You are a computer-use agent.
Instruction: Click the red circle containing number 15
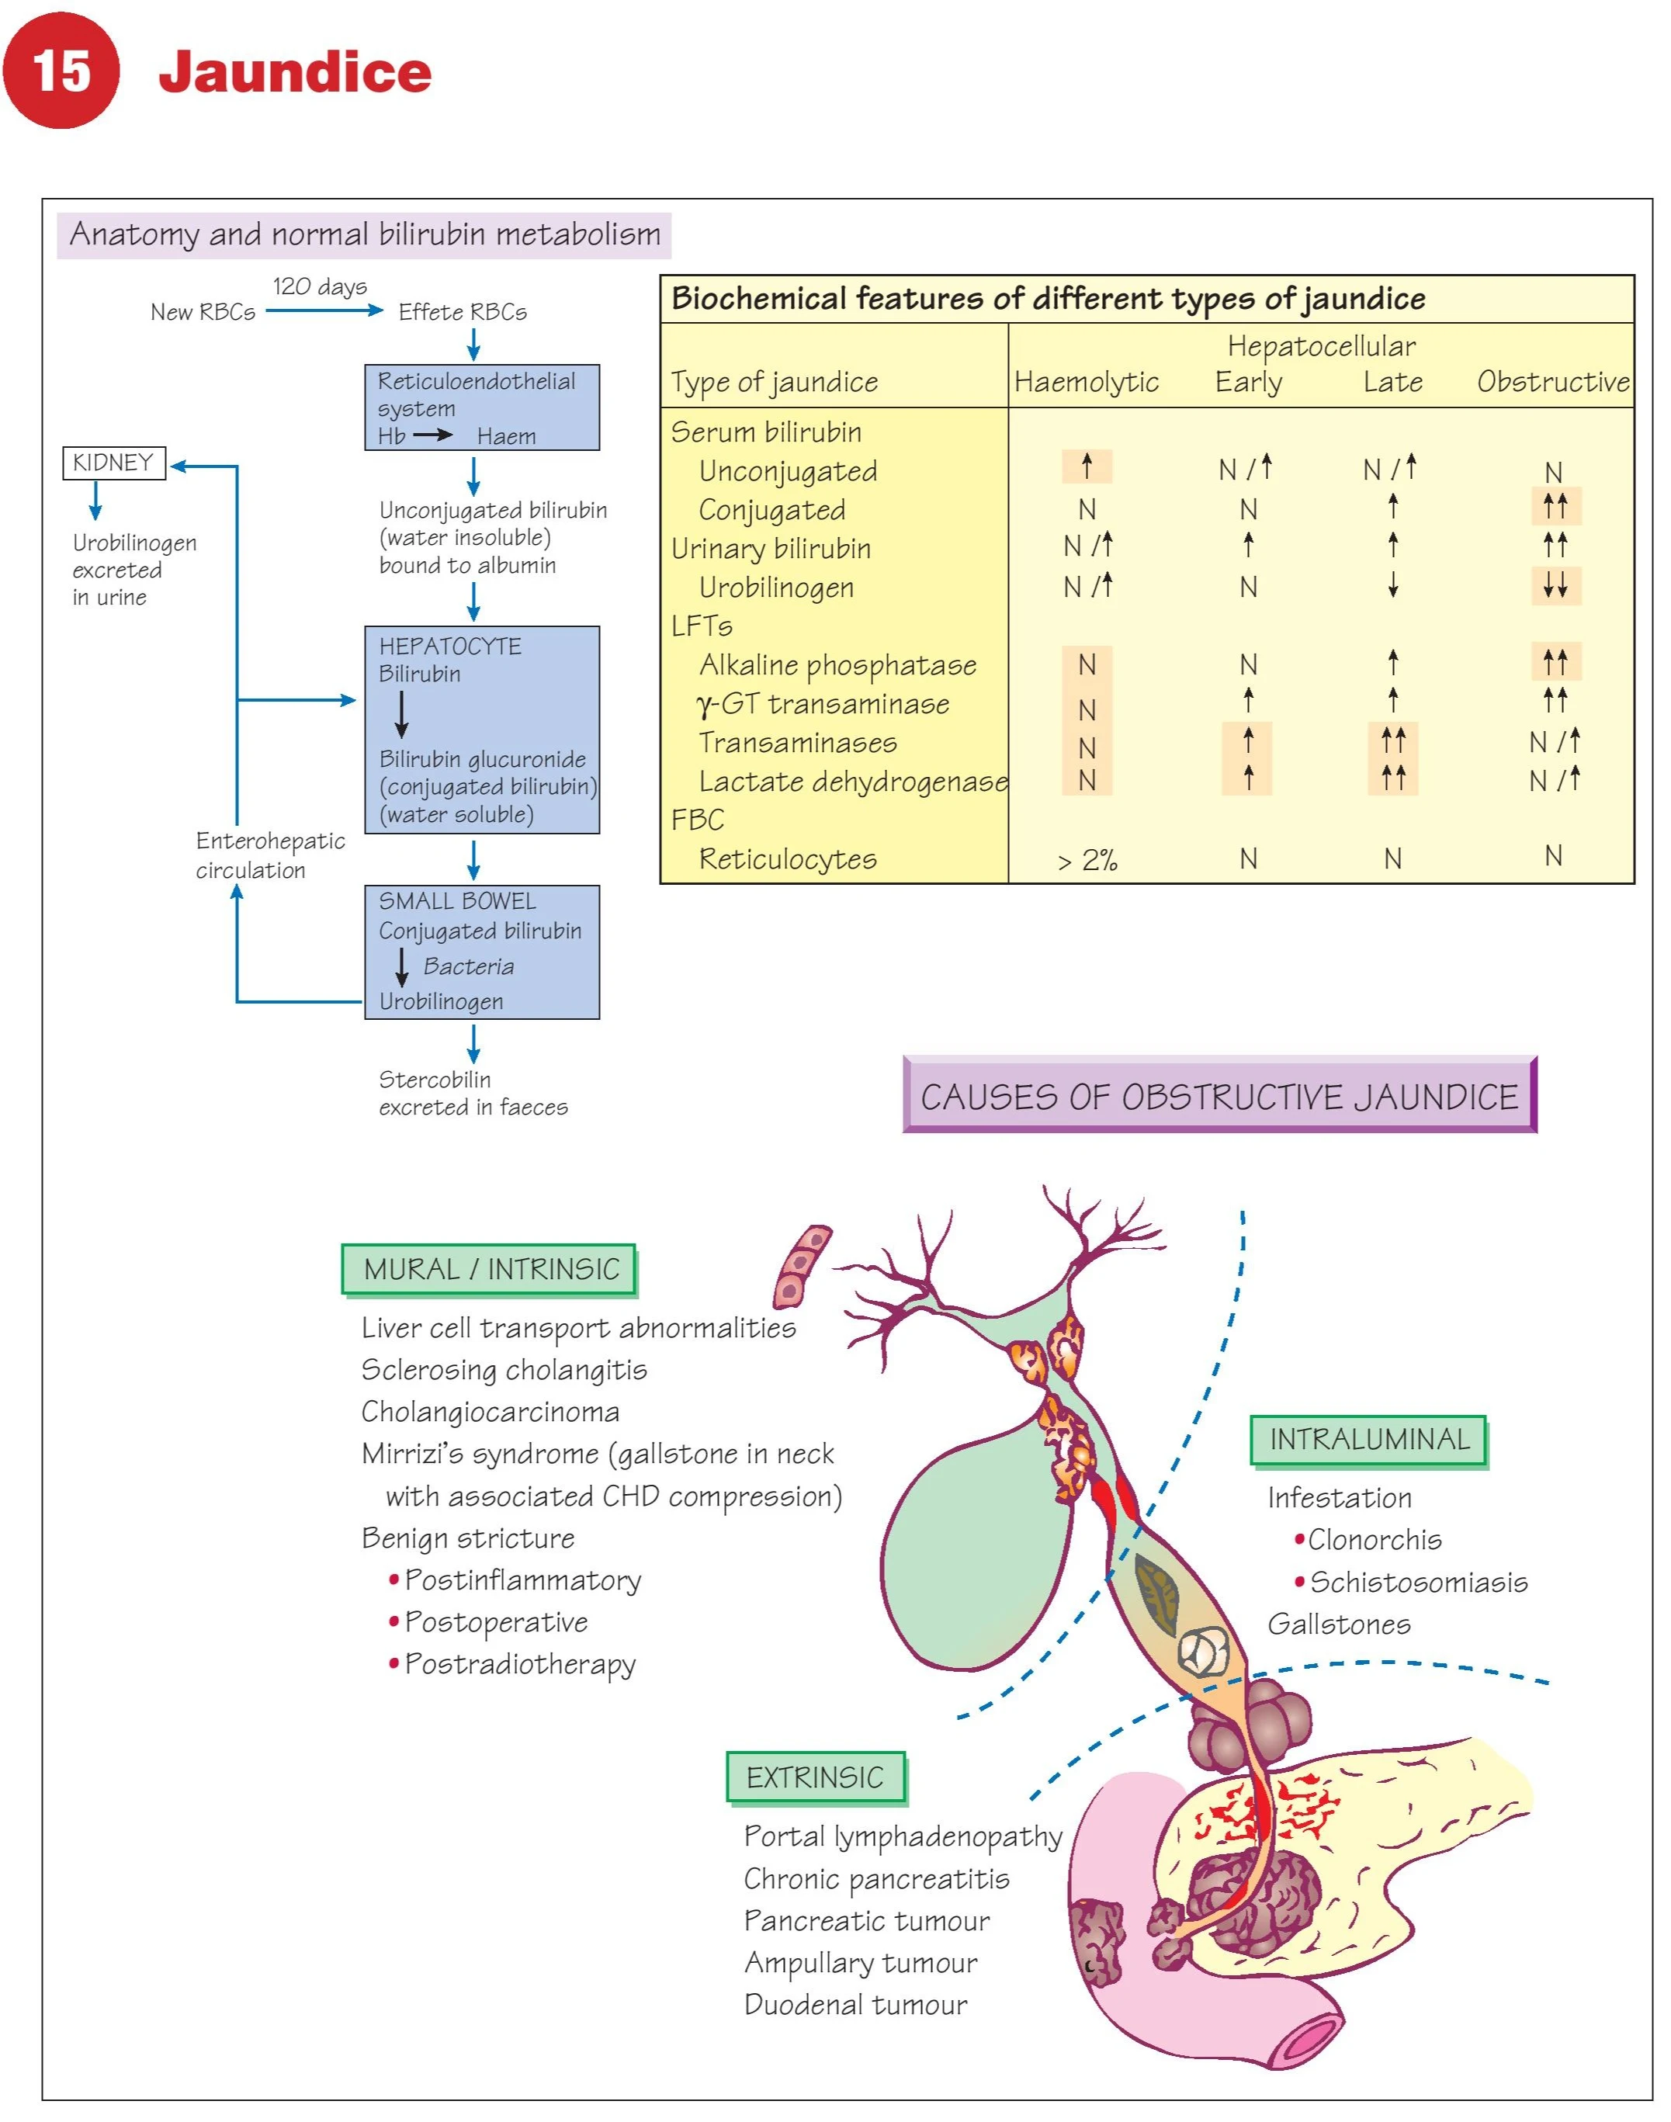pos(61,71)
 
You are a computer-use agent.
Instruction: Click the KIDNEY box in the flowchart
pos(113,463)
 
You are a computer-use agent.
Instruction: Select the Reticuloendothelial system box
pos(481,407)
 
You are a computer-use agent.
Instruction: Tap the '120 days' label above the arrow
pos(320,286)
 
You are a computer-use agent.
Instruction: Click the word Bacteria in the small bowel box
pos(469,966)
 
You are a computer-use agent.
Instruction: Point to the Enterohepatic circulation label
pos(269,855)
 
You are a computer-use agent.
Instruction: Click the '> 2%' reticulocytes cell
pos(1087,860)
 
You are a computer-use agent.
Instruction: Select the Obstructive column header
pos(1552,382)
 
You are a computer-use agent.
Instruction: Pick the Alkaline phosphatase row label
pos(837,665)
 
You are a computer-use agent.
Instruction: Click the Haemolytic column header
pos(1086,382)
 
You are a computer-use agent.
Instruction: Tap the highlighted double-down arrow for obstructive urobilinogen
pos(1555,586)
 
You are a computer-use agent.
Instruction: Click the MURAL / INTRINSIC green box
pos(491,1269)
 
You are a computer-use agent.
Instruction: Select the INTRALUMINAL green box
pos(1368,1439)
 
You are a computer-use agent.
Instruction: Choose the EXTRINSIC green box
pos(815,1777)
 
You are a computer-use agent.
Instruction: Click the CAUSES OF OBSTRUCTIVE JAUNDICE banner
pos(1219,1097)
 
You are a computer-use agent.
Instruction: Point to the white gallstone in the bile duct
pos(1202,1652)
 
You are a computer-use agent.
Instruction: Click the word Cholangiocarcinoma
pos(491,1412)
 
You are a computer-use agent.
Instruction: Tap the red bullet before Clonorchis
pos(1299,1539)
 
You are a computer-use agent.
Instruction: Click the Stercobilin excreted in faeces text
pos(473,1093)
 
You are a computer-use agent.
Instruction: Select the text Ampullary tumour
pos(860,1963)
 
